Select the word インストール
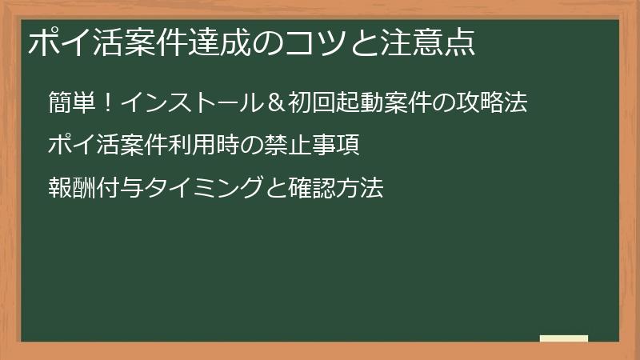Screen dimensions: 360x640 pos(190,104)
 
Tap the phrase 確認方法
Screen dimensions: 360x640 pos(336,189)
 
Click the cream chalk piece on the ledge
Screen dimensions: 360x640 pos(563,338)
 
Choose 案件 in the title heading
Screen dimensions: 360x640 pos(142,42)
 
